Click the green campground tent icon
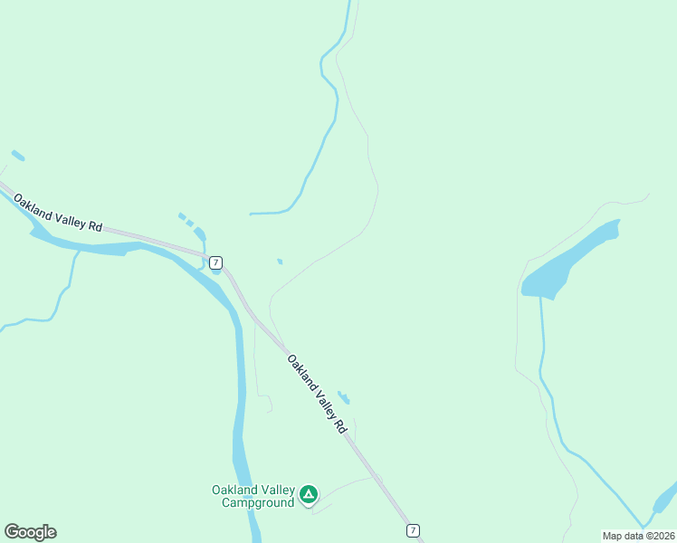309,494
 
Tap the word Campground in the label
258,502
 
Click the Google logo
30,532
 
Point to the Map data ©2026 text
638,535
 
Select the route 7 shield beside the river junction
215,262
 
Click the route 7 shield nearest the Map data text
413,530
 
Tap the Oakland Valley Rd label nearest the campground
318,393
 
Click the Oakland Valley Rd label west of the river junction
58,211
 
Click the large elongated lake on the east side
570,262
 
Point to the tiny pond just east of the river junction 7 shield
280,262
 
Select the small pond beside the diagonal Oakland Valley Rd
344,397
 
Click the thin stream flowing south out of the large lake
543,353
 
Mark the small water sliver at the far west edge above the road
18,156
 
